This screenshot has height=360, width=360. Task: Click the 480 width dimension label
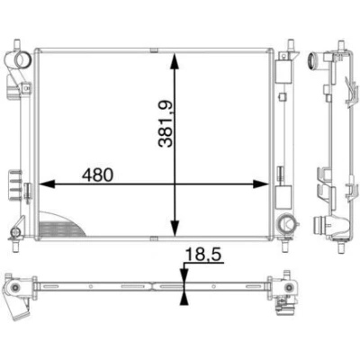[98, 175]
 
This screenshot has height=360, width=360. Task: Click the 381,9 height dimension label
[166, 123]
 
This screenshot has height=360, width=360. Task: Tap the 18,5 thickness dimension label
[203, 255]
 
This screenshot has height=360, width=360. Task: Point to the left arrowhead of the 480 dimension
[47, 184]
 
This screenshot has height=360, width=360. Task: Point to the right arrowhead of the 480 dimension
[261, 184]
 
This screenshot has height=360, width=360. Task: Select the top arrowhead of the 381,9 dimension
[175, 62]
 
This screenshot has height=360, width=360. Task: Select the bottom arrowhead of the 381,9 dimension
[175, 228]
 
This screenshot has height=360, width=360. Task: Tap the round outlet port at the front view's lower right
[286, 223]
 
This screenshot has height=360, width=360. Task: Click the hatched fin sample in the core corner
[60, 225]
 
